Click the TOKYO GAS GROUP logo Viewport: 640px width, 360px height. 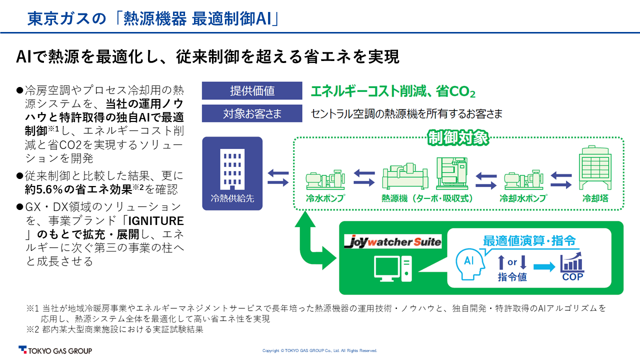click(55, 350)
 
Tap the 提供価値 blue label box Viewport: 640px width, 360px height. click(252, 91)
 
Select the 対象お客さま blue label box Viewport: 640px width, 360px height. click(252, 113)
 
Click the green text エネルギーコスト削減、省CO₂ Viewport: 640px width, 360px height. click(392, 92)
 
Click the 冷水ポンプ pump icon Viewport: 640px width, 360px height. click(325, 179)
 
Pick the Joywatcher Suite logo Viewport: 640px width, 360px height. click(393, 242)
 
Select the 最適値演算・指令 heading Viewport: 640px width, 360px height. click(529, 240)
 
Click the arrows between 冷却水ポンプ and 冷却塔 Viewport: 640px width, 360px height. click(561, 178)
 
